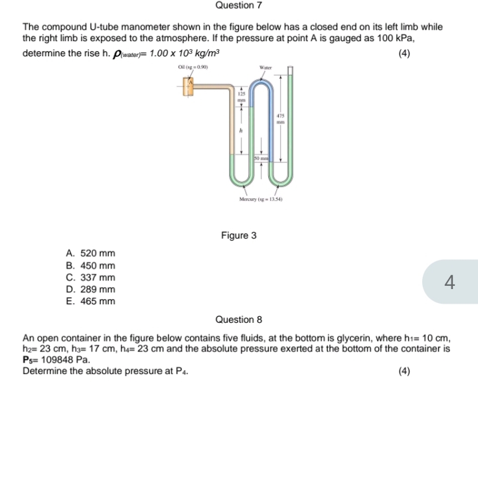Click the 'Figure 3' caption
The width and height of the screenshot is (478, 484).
pos(238,235)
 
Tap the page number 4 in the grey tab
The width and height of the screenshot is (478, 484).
pos(449,282)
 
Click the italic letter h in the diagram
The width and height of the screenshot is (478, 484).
pos(242,132)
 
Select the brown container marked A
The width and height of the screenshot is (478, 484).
pos(189,86)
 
